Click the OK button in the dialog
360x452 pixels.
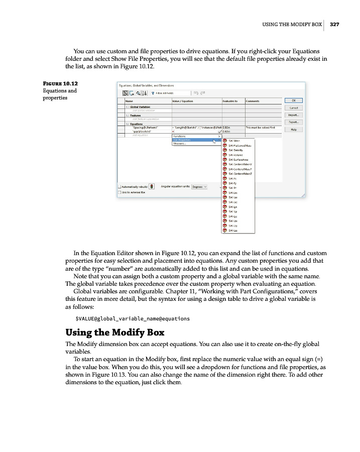point(293,100)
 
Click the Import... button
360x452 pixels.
point(293,115)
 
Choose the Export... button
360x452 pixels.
point(293,122)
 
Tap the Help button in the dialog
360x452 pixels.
point(293,129)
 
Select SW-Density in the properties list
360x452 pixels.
point(235,150)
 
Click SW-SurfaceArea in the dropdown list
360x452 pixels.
point(237,160)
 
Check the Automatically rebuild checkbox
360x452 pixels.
point(119,187)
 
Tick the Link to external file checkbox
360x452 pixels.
point(119,192)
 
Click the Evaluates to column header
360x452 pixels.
point(230,101)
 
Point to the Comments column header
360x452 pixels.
point(253,101)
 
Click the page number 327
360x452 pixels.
point(335,24)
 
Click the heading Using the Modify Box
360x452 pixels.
point(115,332)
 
